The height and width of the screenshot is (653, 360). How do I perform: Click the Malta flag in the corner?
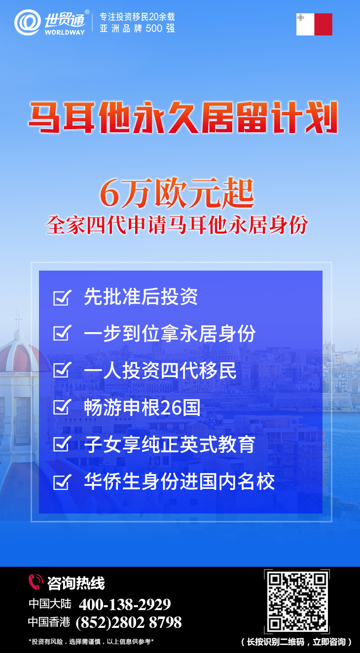[314, 24]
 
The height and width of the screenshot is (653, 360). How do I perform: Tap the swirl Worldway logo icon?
[28, 23]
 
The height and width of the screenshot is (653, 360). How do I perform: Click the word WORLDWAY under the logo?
[65, 33]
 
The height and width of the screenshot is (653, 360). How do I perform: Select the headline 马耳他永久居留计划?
[183, 117]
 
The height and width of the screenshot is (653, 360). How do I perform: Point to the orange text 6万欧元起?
[177, 194]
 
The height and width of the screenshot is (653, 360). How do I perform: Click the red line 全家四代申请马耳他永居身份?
[177, 225]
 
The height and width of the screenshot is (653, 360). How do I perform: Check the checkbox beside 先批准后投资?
[62, 298]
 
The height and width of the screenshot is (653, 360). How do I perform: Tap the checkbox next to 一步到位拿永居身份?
[62, 333]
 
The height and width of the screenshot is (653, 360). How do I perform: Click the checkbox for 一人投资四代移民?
[62, 370]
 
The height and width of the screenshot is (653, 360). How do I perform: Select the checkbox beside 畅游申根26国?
[62, 407]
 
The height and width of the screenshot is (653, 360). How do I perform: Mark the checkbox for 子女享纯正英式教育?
[62, 444]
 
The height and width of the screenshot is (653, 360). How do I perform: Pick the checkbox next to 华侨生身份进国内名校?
[62, 481]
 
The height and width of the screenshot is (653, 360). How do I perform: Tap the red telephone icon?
[36, 582]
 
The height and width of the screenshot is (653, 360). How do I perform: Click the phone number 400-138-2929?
[125, 604]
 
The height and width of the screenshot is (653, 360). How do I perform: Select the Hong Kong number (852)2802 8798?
[129, 622]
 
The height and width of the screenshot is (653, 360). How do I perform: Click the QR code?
[297, 601]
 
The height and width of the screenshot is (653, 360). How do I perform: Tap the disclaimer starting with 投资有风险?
[91, 642]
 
